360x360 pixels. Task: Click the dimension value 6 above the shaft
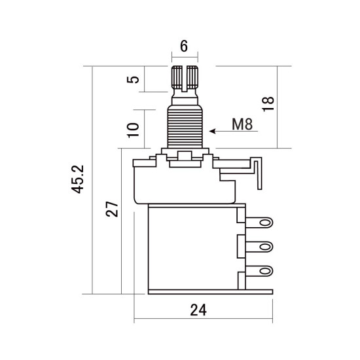(183, 46)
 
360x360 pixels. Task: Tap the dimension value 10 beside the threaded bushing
(133, 127)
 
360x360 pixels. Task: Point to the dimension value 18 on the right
(268, 103)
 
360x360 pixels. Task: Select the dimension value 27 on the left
(112, 209)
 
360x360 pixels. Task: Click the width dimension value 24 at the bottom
(198, 310)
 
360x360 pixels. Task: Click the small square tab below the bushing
(184, 157)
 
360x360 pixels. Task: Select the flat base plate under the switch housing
(209, 293)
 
